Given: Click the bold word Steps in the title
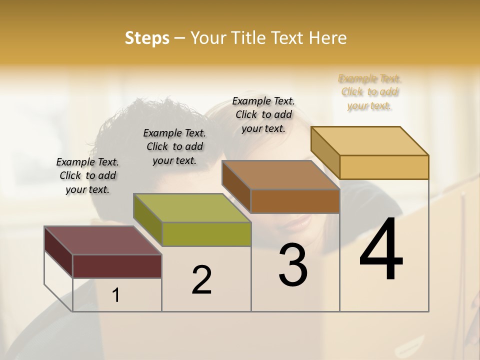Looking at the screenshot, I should coord(147,38).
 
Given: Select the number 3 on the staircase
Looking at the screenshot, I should coord(293,265).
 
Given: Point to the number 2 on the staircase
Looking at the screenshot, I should coord(202,280).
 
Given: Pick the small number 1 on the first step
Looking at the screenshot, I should coord(116,295).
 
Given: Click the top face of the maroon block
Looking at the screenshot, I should coord(102,240).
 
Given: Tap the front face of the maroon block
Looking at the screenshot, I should coord(117,266).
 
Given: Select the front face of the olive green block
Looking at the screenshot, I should coord(206,234).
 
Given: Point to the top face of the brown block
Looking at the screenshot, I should coord(280,175).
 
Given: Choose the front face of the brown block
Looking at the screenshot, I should coord(295,201).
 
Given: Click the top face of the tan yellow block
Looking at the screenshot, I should coord(369,141).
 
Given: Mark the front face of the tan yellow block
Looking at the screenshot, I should coord(384,167).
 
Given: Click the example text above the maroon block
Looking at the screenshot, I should coord(87,175).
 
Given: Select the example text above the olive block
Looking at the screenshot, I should coord(174,146).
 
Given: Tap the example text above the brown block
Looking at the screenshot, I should coord(263,114).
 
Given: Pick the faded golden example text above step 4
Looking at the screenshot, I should coord(370,92).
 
